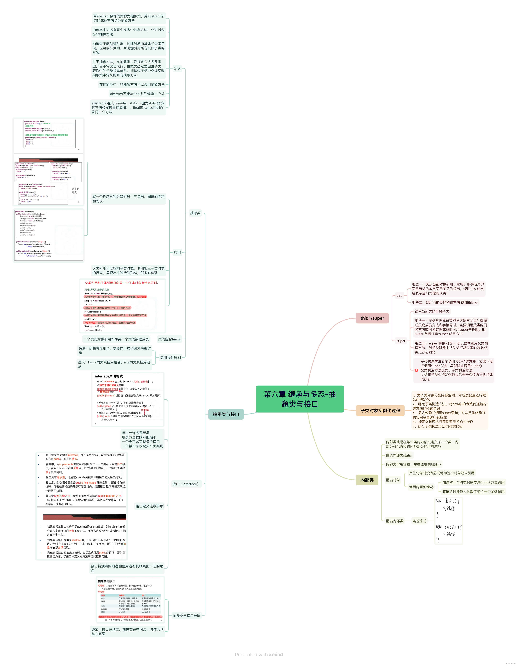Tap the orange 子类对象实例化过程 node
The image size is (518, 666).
[380, 410]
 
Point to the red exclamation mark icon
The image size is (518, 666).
[416, 370]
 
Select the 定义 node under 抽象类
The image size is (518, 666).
[177, 68]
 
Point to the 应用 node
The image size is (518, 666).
[177, 253]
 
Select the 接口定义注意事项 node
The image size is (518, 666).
[149, 506]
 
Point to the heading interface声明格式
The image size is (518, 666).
[109, 376]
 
